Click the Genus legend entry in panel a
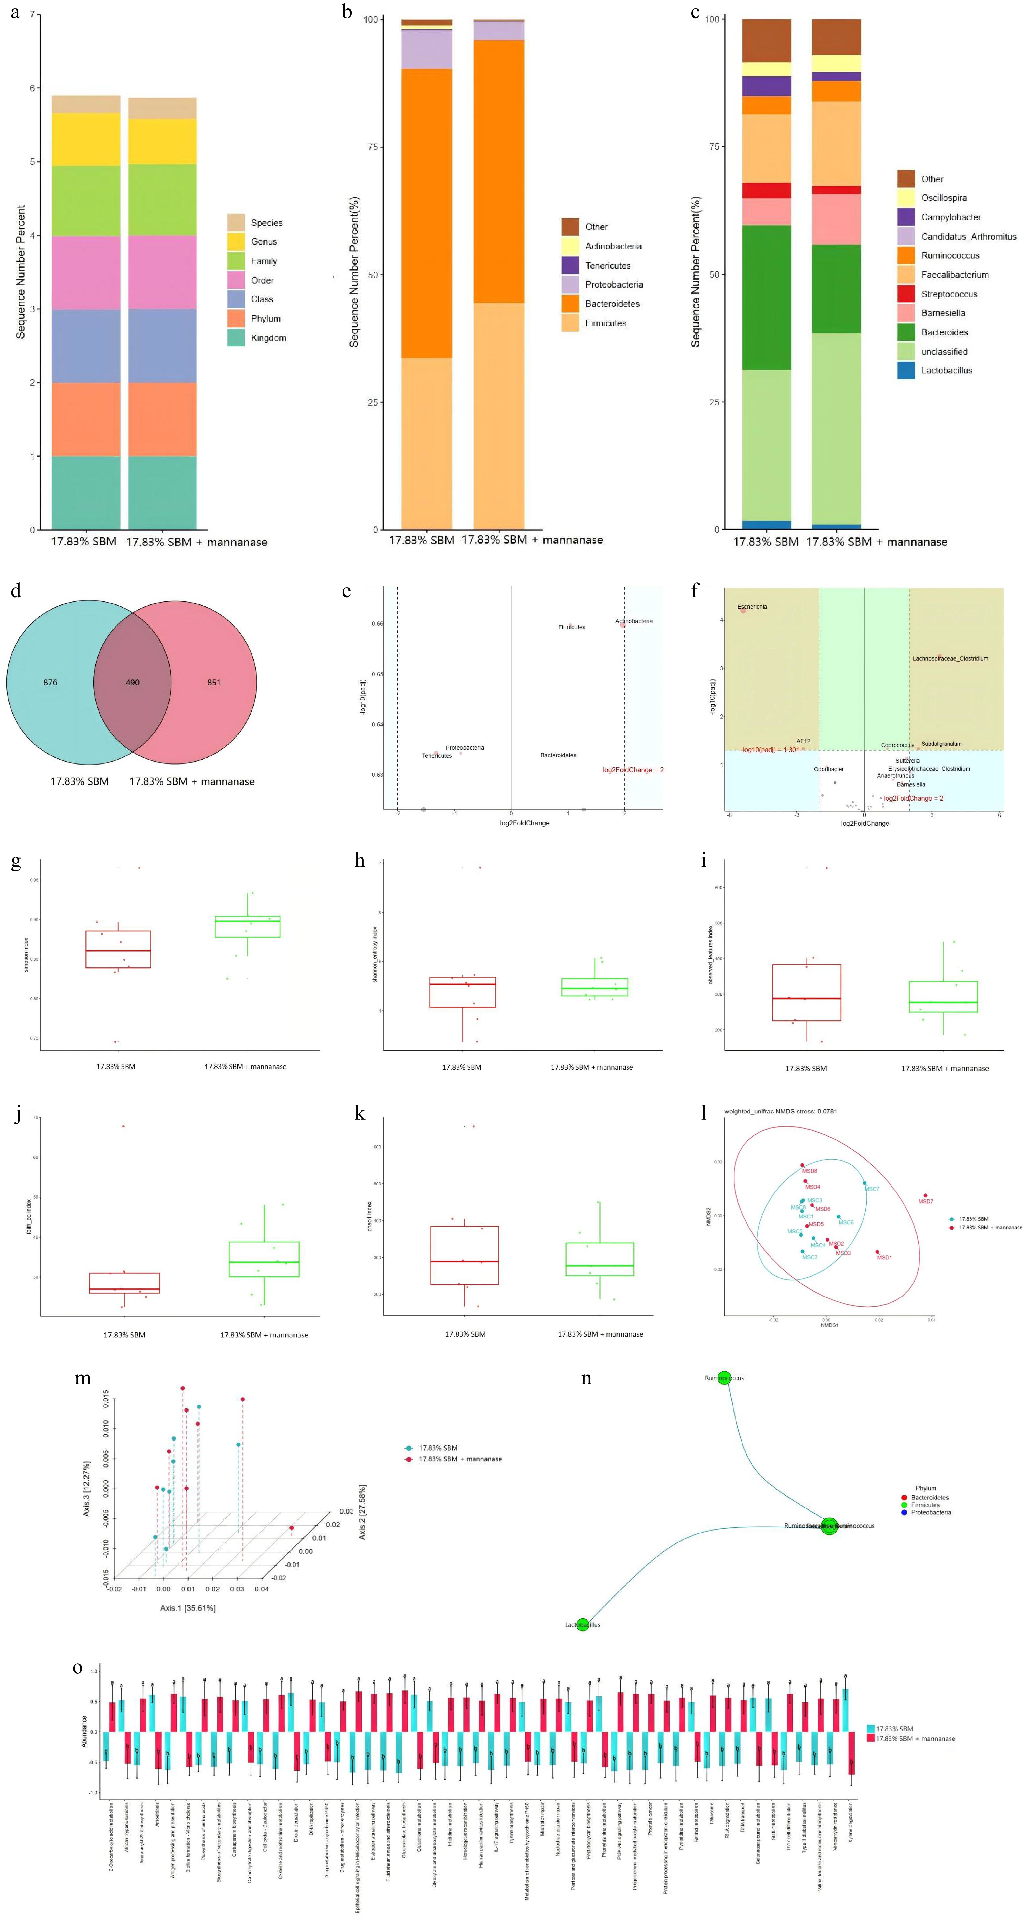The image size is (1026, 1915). point(263,242)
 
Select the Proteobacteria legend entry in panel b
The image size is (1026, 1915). point(613,285)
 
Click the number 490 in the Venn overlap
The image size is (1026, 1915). point(132,683)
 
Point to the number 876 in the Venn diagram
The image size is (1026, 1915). point(51,683)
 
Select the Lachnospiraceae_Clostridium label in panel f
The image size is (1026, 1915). point(950,659)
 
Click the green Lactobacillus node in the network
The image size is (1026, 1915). point(583,1624)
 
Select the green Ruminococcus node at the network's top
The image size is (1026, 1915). point(724,1378)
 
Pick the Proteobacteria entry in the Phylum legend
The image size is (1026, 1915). point(931,1512)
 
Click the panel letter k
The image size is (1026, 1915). point(360,1113)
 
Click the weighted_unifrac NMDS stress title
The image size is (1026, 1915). point(780,1111)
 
